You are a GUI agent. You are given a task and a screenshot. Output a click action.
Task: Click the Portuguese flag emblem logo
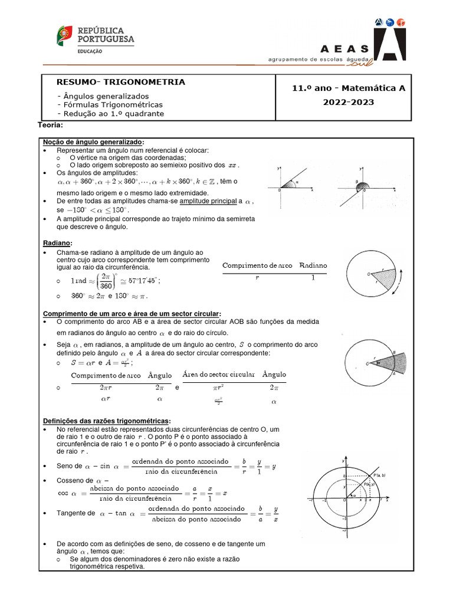64,37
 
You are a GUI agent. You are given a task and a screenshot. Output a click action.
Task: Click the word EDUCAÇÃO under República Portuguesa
90,51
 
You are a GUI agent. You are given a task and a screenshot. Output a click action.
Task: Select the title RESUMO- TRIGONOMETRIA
120,82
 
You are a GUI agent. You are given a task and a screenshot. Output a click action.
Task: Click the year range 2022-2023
348,102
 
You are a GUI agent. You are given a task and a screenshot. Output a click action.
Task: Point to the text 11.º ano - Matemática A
349,88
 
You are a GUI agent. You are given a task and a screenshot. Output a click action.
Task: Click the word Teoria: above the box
50,125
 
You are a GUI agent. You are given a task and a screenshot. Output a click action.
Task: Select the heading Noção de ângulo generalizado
93,142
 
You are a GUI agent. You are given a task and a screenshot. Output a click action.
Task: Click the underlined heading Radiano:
58,243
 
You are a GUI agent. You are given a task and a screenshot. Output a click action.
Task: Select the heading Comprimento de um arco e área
132,313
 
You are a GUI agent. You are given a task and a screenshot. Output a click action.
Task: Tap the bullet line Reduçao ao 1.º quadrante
110,113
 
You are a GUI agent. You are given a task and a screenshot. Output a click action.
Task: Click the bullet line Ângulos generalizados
103,96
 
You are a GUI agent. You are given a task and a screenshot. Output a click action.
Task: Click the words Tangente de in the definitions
75,513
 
